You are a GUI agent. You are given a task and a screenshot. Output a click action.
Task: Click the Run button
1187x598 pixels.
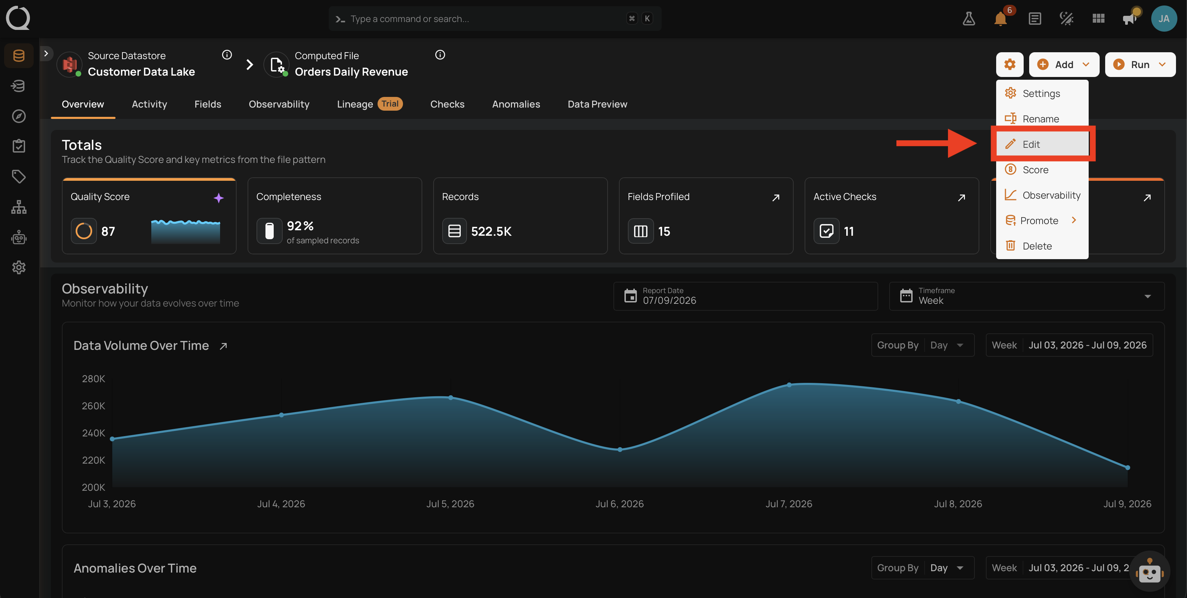(1140, 65)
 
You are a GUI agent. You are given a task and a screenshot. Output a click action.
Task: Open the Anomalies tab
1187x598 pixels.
(516, 104)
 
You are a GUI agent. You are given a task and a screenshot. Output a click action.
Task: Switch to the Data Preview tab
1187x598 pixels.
(597, 104)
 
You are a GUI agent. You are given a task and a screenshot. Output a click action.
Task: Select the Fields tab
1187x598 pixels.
(207, 104)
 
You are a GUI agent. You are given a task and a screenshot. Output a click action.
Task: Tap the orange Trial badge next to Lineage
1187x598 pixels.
(390, 104)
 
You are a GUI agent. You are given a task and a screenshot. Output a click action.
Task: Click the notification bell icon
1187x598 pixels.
(1000, 19)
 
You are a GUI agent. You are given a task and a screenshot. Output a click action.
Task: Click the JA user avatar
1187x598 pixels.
(1164, 19)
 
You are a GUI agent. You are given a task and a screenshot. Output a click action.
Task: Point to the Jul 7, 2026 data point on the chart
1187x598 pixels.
(789, 385)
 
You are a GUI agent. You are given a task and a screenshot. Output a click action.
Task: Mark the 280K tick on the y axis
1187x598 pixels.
(94, 379)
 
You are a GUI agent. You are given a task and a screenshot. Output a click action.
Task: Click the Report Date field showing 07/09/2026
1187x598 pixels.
(745, 296)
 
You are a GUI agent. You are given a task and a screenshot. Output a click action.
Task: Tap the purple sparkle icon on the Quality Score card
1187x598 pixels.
(218, 198)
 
